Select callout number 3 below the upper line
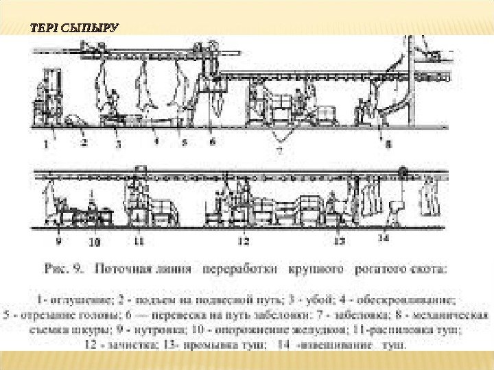(x=117, y=145)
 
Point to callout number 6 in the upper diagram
(x=212, y=143)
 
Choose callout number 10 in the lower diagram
(x=95, y=241)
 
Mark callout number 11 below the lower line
(x=139, y=241)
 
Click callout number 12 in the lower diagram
(x=244, y=241)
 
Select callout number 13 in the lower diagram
(x=339, y=241)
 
